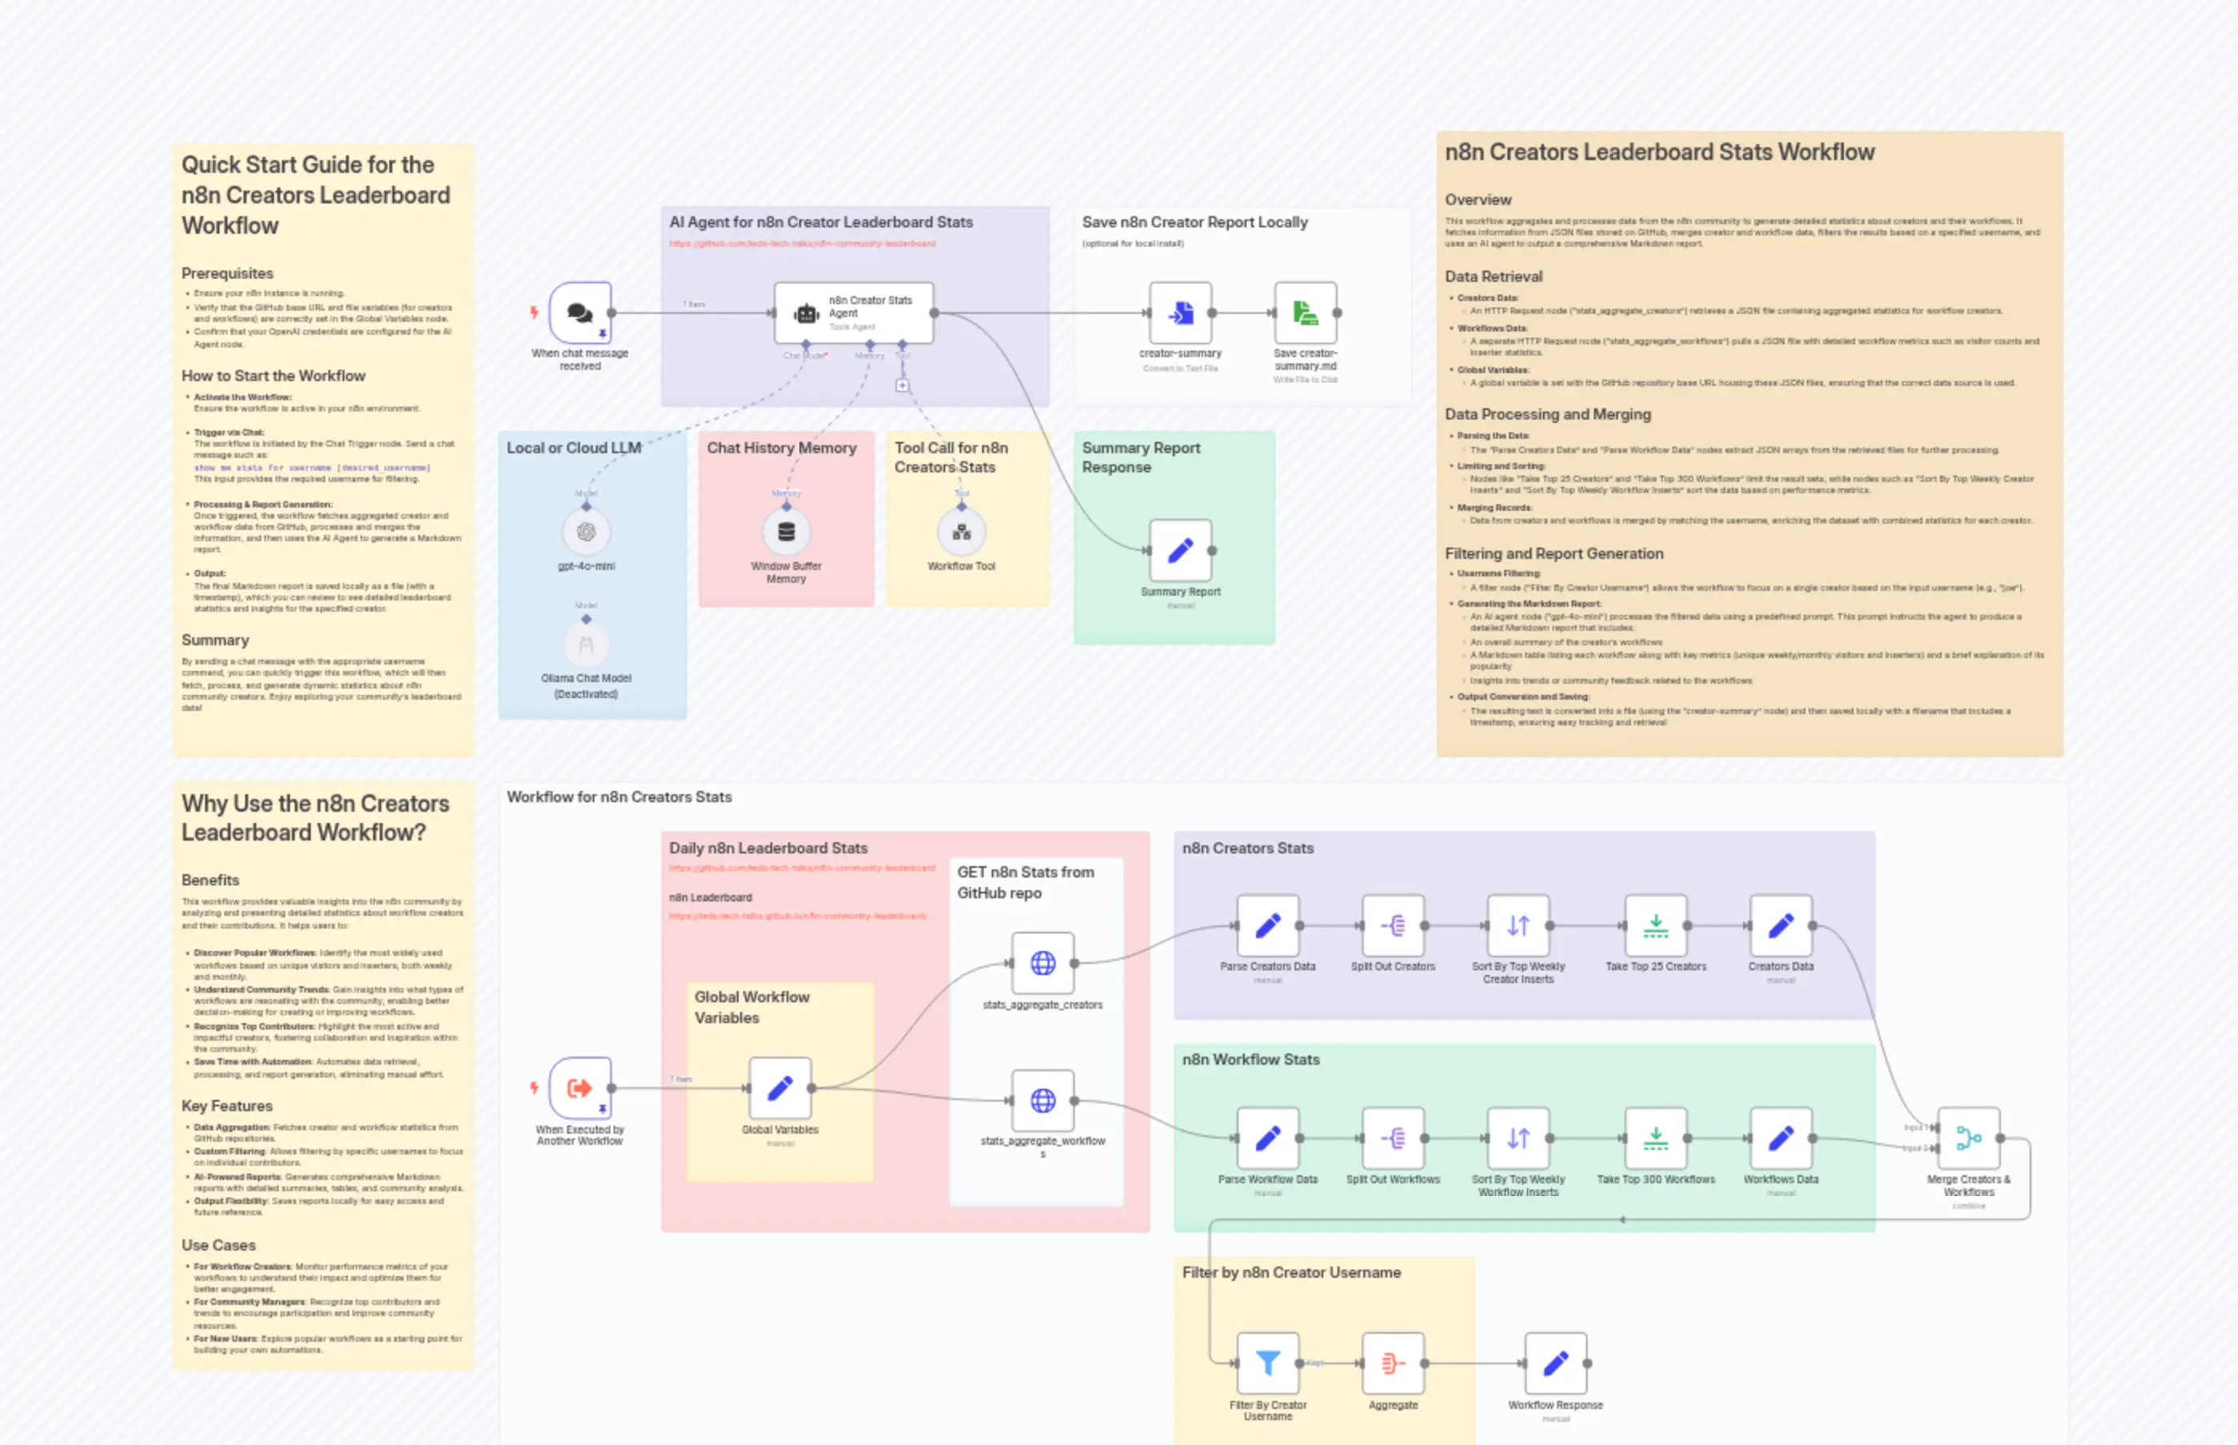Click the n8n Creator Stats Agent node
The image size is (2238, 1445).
(853, 312)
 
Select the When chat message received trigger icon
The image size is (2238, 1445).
(580, 312)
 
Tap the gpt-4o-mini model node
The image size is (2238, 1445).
(586, 532)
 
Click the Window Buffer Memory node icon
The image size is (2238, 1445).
(786, 532)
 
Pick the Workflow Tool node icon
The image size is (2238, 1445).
(961, 532)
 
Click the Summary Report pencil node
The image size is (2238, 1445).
(1180, 551)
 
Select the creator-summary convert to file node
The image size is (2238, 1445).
(1180, 312)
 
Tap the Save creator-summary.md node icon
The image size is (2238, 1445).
(1305, 312)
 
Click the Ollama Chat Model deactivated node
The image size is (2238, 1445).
(586, 644)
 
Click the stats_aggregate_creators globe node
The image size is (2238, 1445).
(1042, 963)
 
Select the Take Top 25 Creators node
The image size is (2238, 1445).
(1655, 926)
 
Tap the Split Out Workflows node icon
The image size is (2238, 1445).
(1393, 1138)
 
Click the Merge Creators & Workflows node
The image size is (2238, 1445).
(1969, 1138)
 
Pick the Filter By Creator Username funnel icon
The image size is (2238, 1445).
(1267, 1363)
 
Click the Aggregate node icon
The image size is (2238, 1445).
(1393, 1363)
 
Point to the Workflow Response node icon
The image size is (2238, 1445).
(1556, 1363)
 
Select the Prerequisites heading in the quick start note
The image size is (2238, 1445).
(227, 273)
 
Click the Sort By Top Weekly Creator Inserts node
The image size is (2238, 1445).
(1518, 926)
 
